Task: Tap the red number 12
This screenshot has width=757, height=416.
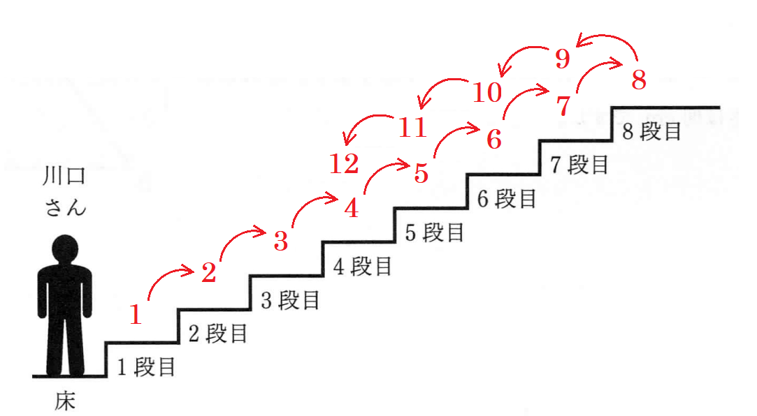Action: click(x=344, y=164)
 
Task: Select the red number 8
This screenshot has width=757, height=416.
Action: click(x=639, y=80)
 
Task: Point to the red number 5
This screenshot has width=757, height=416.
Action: click(x=421, y=172)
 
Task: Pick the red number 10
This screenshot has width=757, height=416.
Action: click(x=487, y=93)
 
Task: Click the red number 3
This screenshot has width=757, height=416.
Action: click(x=281, y=242)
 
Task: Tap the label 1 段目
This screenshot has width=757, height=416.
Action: click(x=146, y=366)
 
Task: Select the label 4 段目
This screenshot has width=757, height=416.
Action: click(x=363, y=266)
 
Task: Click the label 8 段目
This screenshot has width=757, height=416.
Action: click(x=651, y=131)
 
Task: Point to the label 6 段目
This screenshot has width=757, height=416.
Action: click(x=507, y=198)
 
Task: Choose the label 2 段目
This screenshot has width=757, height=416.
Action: click(x=218, y=334)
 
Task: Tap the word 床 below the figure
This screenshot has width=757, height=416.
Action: click(x=64, y=402)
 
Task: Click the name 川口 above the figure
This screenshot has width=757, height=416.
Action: click(x=64, y=176)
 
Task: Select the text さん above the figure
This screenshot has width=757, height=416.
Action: click(x=65, y=207)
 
